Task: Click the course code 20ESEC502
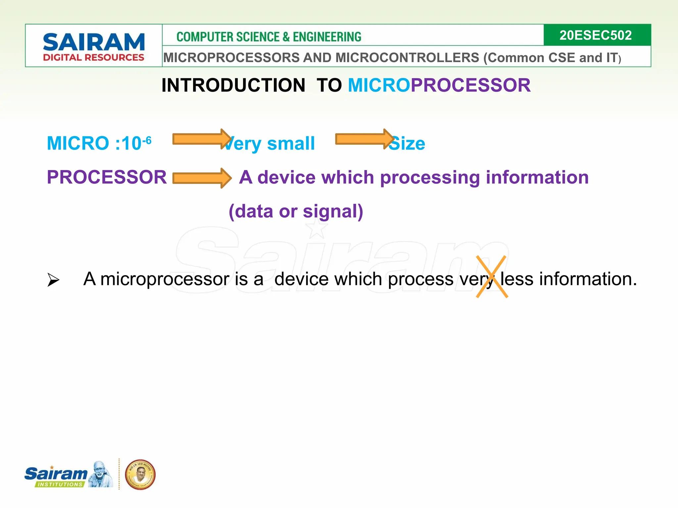[595, 35]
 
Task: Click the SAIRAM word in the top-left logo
[94, 42]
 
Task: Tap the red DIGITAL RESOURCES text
[94, 58]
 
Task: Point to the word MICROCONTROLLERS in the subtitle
[407, 58]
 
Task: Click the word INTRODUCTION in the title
[233, 85]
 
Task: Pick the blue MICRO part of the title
[379, 85]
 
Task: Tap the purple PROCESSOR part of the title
[470, 85]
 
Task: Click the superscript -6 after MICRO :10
[147, 140]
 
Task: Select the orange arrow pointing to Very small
[201, 139]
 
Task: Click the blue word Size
[407, 144]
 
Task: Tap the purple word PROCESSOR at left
[107, 177]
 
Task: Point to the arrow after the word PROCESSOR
[201, 178]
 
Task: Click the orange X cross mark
[492, 276]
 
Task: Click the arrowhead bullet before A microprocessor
[53, 280]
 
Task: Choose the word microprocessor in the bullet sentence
[165, 279]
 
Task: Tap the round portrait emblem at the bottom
[140, 474]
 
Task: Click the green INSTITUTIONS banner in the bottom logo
[60, 484]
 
